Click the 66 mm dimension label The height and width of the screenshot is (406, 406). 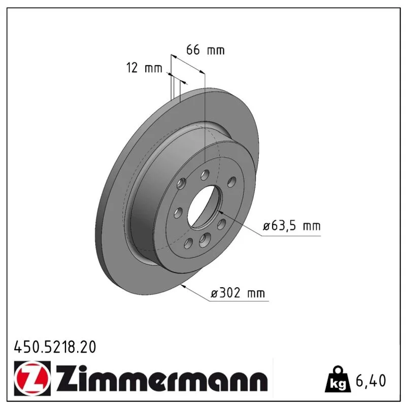click(x=206, y=50)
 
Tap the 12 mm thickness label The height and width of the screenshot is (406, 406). click(x=144, y=68)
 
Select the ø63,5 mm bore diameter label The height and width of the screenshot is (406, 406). click(x=291, y=226)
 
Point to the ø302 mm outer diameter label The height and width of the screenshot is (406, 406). click(x=238, y=293)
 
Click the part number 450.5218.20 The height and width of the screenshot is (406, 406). click(x=55, y=347)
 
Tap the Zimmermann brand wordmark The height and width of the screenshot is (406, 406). click(x=162, y=378)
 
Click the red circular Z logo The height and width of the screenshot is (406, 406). click(x=32, y=378)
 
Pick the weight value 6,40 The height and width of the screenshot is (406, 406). click(x=371, y=380)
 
